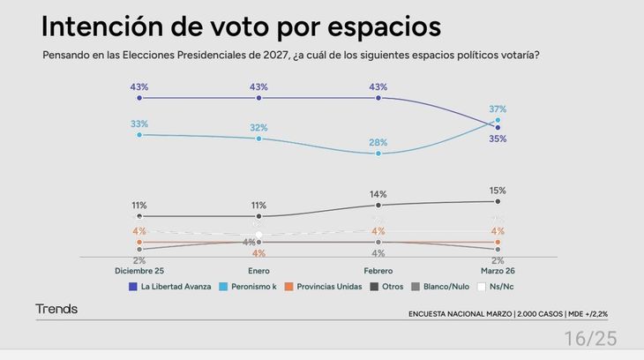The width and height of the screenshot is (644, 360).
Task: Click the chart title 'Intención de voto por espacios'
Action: tap(241, 26)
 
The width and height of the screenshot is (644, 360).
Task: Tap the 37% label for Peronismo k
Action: tap(498, 109)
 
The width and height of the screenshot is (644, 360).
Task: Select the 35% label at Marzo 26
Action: tap(498, 139)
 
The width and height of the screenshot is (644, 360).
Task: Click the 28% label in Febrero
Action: tap(378, 142)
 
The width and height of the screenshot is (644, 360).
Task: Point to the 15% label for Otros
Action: tap(498, 191)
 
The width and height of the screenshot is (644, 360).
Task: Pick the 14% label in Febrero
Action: tap(378, 193)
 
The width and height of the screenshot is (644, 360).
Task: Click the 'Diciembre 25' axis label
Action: tap(139, 271)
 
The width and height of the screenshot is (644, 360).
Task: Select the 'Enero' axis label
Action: tap(258, 271)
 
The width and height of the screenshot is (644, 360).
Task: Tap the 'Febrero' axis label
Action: tap(378, 271)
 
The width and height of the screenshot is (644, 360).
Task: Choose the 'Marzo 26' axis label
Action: tap(498, 271)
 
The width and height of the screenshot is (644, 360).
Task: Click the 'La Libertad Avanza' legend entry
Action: tap(170, 286)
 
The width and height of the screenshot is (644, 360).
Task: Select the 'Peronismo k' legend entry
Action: tap(254, 286)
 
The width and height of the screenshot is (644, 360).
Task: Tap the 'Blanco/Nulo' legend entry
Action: tap(438, 286)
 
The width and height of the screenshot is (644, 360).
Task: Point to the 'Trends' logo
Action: tap(56, 309)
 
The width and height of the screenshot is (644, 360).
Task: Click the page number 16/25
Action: tap(591, 338)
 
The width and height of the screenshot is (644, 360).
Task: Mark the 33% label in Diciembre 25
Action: tap(139, 124)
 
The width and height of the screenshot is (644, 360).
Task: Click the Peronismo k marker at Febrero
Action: tap(378, 154)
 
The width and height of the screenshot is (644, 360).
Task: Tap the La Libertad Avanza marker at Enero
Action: tap(258, 98)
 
